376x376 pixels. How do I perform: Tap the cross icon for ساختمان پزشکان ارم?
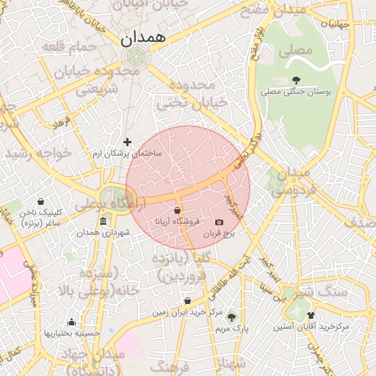coord(127,142)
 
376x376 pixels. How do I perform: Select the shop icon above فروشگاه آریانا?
coord(178,211)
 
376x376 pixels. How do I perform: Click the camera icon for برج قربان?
coord(219,223)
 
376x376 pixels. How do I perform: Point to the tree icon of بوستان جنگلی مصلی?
coord(297,80)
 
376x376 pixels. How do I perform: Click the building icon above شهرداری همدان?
coord(102,222)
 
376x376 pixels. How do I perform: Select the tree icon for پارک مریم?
coord(231,317)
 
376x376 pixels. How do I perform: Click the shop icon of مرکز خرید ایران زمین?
coord(187,301)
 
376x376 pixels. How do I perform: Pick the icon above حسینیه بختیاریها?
coord(71,322)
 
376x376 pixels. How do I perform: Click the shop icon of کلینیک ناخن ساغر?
coord(40,201)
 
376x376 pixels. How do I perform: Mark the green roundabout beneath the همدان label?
coord(135,57)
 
